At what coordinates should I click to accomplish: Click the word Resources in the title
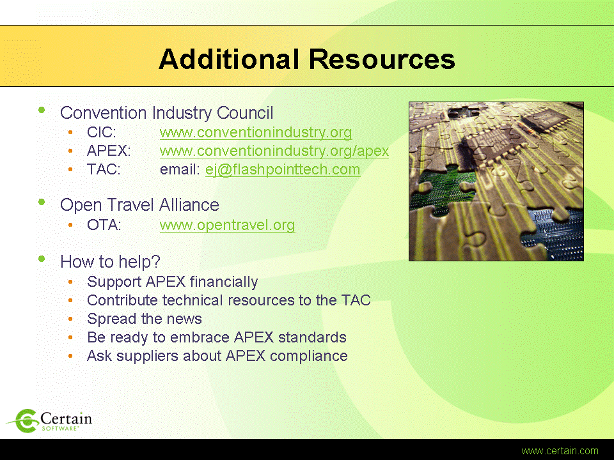[x=382, y=59]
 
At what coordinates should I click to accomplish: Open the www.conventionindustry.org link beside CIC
[x=256, y=133]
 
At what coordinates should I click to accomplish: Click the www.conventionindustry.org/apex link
[x=274, y=151]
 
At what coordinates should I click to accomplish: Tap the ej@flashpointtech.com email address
[x=283, y=170]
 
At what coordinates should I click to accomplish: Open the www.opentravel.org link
[x=227, y=226]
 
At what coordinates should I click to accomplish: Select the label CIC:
[x=102, y=133]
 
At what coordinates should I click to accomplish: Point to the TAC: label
[x=104, y=170]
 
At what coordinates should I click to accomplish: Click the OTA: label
[x=104, y=226]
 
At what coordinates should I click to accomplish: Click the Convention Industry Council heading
[x=166, y=113]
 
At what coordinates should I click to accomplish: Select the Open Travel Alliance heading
[x=139, y=205]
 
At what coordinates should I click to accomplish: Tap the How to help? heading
[x=110, y=262]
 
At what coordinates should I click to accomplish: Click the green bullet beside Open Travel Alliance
[x=42, y=203]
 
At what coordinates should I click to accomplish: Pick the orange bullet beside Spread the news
[x=70, y=319]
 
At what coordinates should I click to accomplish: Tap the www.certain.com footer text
[x=560, y=451]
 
